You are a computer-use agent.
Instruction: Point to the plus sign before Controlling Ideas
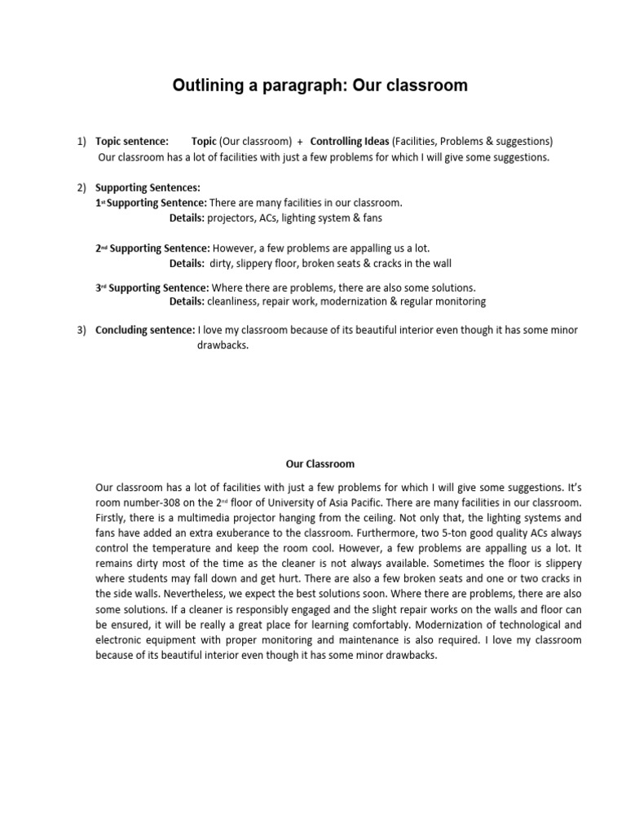click(301, 142)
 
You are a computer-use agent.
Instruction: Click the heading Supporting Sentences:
click(148, 188)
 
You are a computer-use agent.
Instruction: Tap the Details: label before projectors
click(187, 218)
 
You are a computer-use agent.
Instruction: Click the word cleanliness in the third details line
click(235, 301)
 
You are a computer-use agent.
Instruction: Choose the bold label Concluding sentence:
click(145, 331)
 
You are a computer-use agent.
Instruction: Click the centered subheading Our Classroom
click(320, 464)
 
